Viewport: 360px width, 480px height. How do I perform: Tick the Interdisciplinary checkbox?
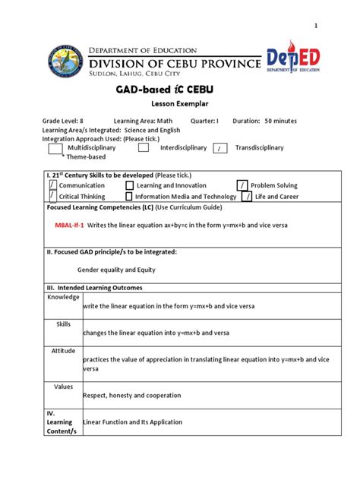(x=144, y=148)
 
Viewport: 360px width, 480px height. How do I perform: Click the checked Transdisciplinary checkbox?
(x=219, y=148)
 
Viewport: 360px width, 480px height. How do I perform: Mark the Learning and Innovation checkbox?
(x=129, y=185)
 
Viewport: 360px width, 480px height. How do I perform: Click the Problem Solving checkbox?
(x=242, y=185)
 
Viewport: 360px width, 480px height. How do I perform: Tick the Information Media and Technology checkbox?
(x=129, y=197)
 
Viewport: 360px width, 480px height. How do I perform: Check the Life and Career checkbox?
(x=247, y=197)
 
